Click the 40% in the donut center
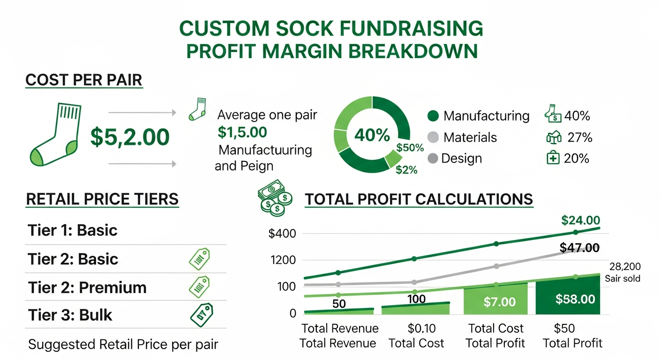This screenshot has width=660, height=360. coord(372,135)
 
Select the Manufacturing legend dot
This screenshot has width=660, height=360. coord(434,116)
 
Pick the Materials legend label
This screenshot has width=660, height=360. coord(470,137)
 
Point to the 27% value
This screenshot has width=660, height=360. coord(579,137)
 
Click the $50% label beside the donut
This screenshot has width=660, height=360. coord(410,148)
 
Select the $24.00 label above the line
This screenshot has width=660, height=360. coord(580,220)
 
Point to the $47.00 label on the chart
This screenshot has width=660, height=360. coord(579,247)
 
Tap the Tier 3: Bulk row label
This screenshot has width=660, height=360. coord(70,315)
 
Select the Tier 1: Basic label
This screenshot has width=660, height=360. coord(72,230)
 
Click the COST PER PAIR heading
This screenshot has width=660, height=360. coord(84,80)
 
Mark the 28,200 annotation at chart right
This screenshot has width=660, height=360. coord(625,267)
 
